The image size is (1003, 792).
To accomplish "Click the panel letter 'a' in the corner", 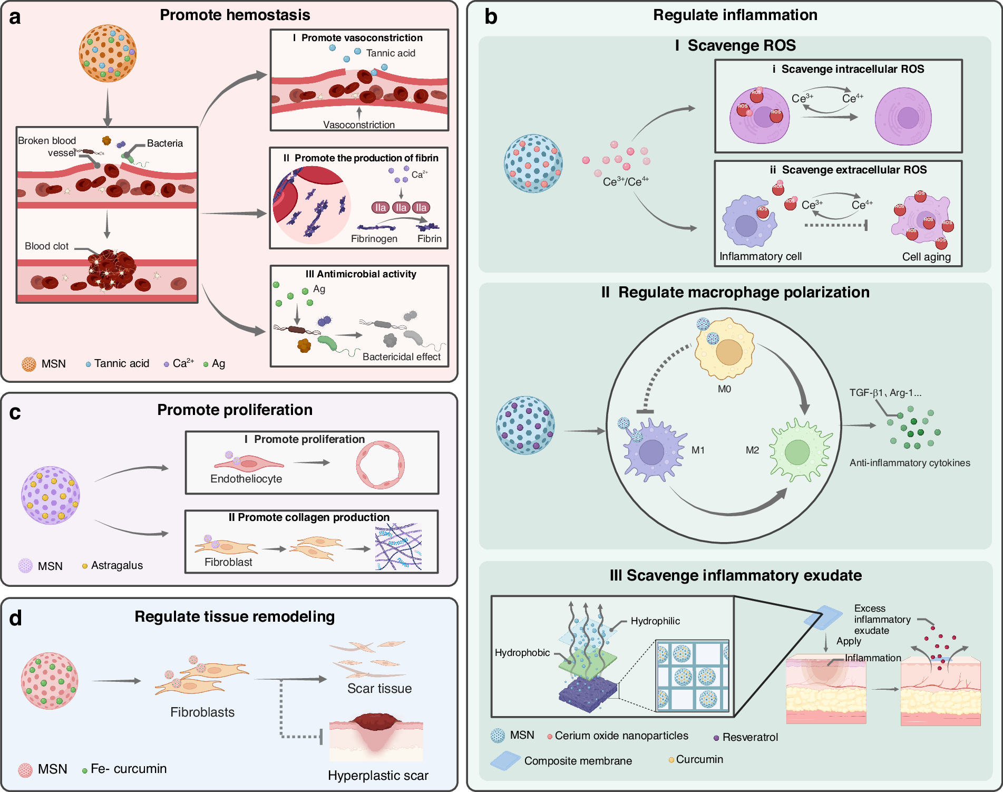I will (x=15, y=17).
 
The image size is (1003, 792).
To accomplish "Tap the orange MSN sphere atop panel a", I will (x=108, y=53).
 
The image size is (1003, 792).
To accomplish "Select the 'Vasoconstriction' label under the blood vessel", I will (x=359, y=125).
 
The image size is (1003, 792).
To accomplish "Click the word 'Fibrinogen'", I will (x=374, y=239).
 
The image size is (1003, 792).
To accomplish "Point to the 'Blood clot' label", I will (x=46, y=246).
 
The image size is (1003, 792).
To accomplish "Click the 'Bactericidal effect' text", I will (x=401, y=357).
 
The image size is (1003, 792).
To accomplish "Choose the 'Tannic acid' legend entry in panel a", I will (x=121, y=363).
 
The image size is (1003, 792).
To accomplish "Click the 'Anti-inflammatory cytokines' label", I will (x=909, y=463).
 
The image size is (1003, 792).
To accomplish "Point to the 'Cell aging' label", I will (x=926, y=257).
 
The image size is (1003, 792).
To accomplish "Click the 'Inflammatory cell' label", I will (x=760, y=256).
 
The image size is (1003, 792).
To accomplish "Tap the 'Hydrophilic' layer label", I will (x=655, y=621).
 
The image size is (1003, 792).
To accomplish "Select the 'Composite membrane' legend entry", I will (x=578, y=761).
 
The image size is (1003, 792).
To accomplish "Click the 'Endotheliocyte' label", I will (x=246, y=479).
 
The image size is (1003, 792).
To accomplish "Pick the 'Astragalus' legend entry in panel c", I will (x=116, y=565).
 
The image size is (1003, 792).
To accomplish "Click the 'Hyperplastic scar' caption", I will (x=378, y=776).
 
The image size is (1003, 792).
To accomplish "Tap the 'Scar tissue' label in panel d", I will (x=379, y=689).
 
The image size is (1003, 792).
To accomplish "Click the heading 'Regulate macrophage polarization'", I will (x=735, y=292).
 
